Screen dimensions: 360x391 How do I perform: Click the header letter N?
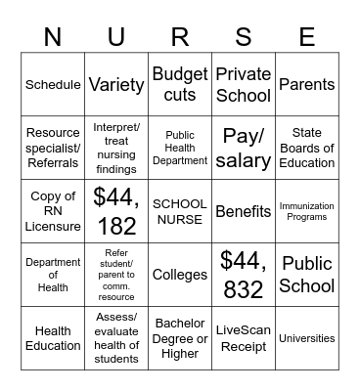point(53,37)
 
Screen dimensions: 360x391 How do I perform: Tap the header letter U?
point(116,37)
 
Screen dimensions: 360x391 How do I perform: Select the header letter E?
point(307,37)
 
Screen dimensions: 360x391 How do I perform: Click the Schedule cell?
point(53,84)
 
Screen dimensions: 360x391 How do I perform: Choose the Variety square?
point(116,84)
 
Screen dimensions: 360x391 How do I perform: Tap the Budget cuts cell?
point(180,84)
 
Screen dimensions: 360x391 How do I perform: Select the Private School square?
point(244,84)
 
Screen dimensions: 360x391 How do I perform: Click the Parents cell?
point(307,84)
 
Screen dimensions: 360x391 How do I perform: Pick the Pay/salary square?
point(244,148)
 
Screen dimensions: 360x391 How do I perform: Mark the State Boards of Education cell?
point(307,148)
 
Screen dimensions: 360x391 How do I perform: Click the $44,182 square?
point(116,211)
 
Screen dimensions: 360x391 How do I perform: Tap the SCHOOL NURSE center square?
point(180,211)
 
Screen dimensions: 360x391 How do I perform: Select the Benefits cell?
point(244,211)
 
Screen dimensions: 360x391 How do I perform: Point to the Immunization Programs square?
point(307,211)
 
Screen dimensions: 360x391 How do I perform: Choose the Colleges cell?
point(180,275)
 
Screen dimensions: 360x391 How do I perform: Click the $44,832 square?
point(244,275)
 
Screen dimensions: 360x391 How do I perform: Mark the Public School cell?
point(307,275)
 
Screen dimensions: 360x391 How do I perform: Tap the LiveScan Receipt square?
point(244,338)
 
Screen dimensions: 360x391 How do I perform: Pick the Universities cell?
point(307,338)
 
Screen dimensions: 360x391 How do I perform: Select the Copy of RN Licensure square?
point(53,211)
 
